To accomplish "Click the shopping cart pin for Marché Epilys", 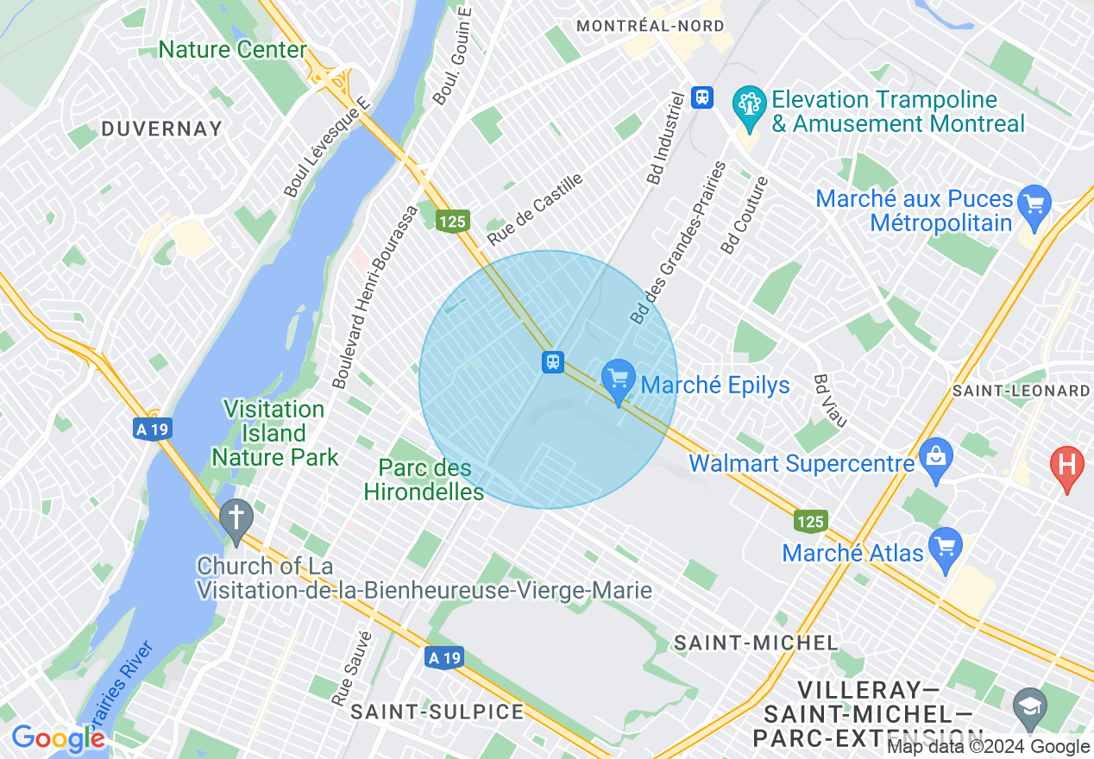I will pyautogui.click(x=618, y=379).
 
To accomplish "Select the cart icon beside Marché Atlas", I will pyautogui.click(x=946, y=548).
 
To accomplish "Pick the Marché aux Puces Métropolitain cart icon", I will pyautogui.click(x=1034, y=205).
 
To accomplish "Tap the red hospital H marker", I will pyautogui.click(x=1066, y=466).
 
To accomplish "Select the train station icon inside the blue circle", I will pyautogui.click(x=553, y=362).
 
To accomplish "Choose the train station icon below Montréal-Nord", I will pyautogui.click(x=703, y=97).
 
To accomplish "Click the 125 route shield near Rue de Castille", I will pyautogui.click(x=451, y=222).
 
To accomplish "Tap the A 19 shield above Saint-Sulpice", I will pyautogui.click(x=444, y=658).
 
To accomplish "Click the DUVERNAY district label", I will pyautogui.click(x=161, y=129).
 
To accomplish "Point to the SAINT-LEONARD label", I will pyautogui.click(x=1022, y=391).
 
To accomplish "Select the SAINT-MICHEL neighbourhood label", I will pyautogui.click(x=756, y=643).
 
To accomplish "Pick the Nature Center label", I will pyautogui.click(x=232, y=50).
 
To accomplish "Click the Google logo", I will pyautogui.click(x=57, y=738).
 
